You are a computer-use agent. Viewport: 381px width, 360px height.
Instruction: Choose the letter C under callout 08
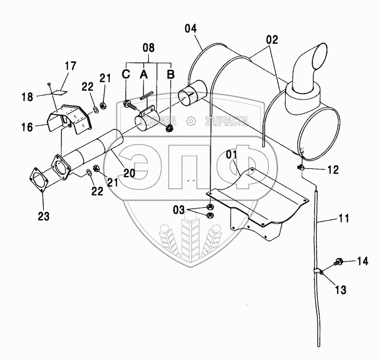[126, 75]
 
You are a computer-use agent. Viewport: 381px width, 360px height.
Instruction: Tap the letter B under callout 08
[170, 75]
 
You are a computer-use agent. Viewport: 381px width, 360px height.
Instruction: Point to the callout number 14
[362, 261]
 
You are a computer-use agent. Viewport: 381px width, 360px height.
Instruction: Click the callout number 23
[43, 217]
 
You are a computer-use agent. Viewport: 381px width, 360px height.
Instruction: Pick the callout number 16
[28, 127]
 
